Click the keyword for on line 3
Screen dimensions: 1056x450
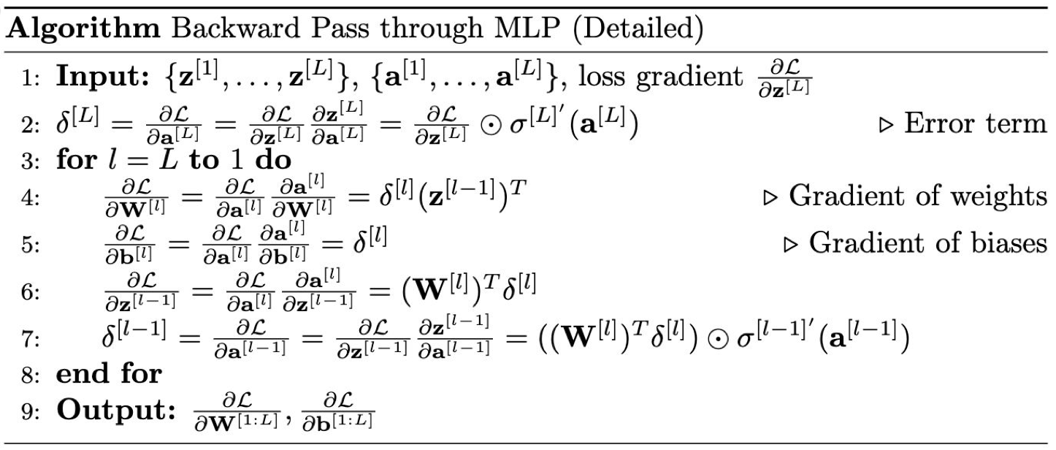pyautogui.click(x=75, y=159)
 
